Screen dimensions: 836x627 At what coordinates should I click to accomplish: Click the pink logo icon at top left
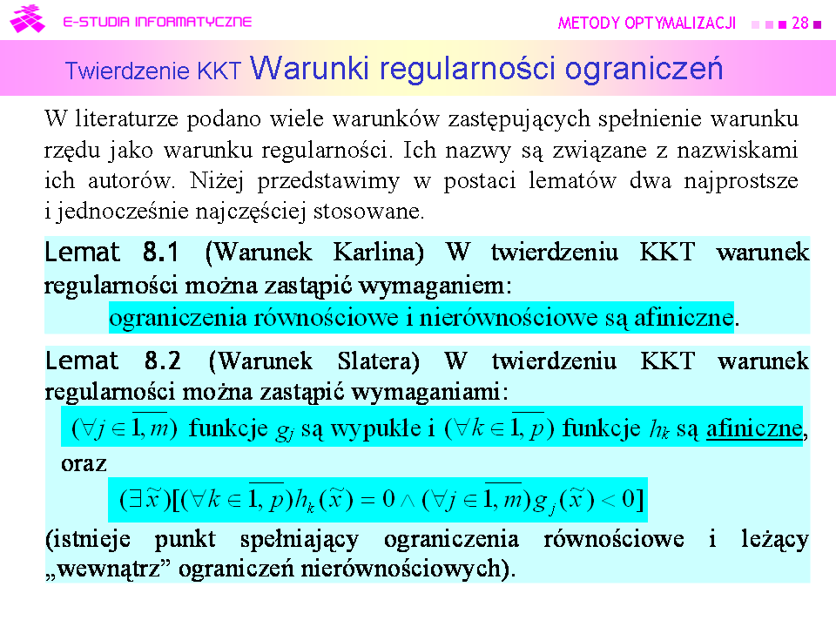[27, 19]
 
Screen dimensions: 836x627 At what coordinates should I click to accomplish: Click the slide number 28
[800, 23]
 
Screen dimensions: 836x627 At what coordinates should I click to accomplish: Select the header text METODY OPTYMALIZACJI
[647, 23]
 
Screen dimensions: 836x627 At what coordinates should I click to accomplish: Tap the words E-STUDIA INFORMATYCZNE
[158, 22]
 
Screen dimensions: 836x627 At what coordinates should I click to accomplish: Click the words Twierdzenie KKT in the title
[153, 71]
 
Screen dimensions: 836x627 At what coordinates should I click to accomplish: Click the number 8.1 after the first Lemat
[160, 252]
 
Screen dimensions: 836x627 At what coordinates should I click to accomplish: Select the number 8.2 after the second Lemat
[163, 361]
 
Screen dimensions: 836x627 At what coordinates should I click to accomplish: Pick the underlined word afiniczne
[754, 428]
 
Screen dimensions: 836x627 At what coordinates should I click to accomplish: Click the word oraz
[84, 464]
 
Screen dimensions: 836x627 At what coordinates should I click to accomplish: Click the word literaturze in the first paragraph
[126, 118]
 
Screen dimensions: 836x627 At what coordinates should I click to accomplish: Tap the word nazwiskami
[738, 150]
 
